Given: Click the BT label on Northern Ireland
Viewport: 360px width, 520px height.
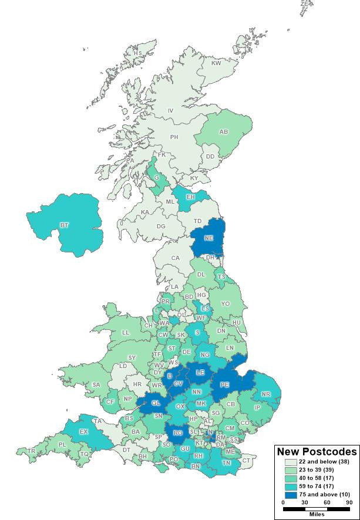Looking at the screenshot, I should click(64, 225).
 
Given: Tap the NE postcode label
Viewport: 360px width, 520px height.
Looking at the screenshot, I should click(208, 238).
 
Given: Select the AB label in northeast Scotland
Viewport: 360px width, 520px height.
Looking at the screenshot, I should click(224, 132).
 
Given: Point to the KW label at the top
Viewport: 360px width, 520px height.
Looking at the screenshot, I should click(216, 63).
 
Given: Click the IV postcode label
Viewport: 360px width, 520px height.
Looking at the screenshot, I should click(171, 110).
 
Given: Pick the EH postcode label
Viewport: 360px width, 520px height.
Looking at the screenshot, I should click(190, 197).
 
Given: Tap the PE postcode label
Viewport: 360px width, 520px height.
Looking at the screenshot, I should click(224, 384).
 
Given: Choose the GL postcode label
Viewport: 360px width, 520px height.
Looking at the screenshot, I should click(155, 403).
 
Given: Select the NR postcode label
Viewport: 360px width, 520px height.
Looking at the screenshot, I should click(266, 394).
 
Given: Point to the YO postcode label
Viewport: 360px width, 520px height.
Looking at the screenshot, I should click(225, 304).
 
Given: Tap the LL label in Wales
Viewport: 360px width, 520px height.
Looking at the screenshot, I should click(125, 332).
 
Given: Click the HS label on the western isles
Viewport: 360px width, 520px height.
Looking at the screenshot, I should click(137, 53).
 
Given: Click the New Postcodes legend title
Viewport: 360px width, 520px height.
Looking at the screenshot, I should click(317, 451).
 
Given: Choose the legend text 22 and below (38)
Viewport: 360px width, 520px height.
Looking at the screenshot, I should click(318, 462).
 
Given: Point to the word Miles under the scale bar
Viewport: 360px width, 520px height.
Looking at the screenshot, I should click(316, 514).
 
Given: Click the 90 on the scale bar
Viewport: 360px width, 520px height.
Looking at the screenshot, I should click(349, 502).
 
